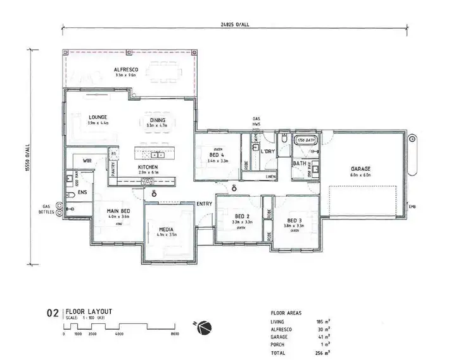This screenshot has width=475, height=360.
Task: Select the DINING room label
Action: point(158,120)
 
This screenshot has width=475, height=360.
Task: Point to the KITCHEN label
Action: point(148,168)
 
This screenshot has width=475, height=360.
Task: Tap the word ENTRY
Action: point(204,203)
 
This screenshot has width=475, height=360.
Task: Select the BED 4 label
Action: point(218,155)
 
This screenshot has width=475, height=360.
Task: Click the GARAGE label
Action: point(360,168)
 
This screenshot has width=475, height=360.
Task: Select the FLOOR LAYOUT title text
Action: point(89,311)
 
